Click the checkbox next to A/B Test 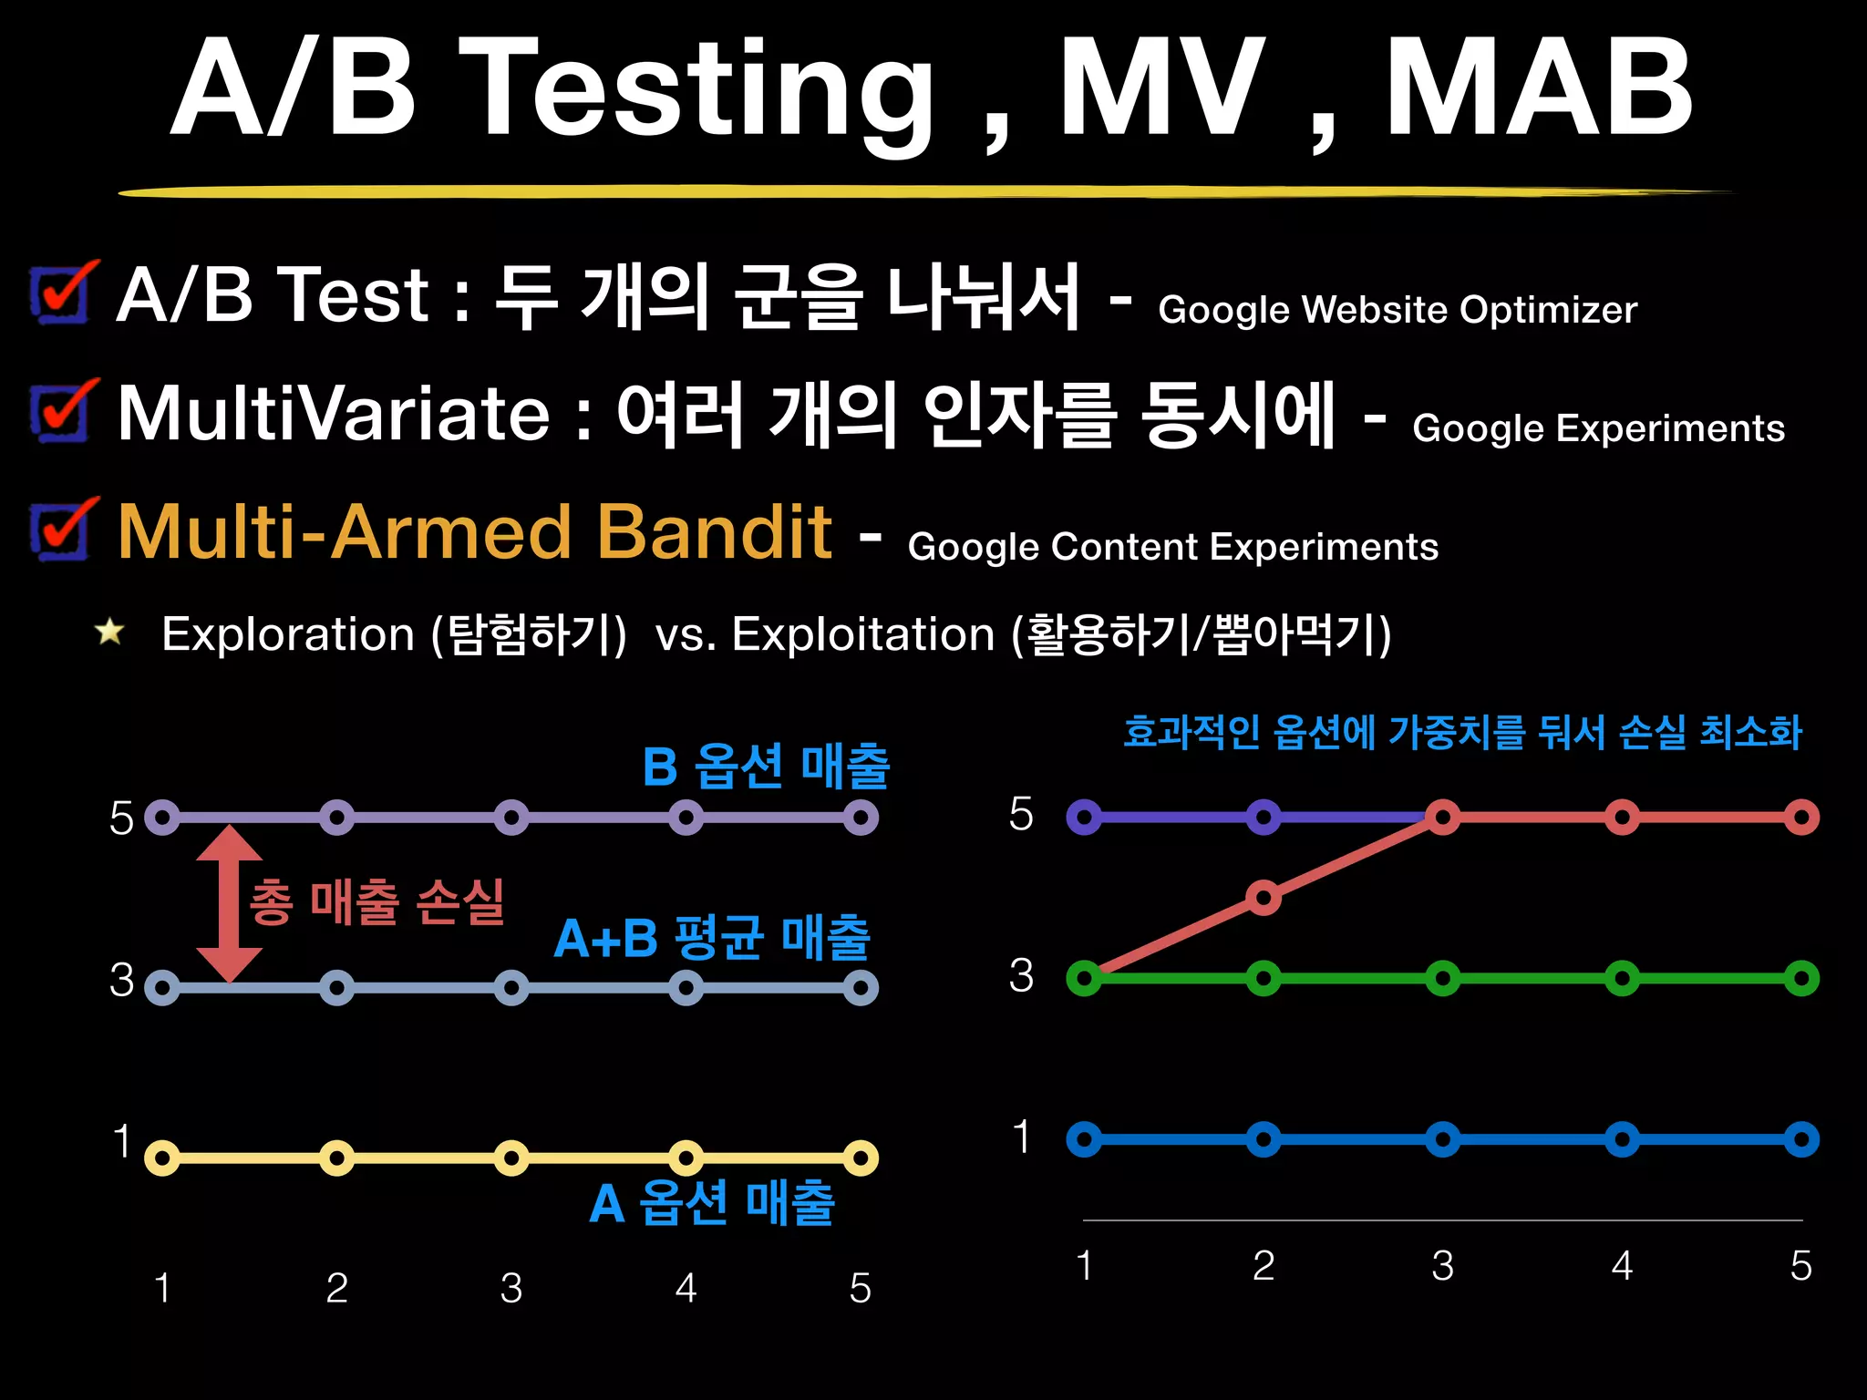(60, 293)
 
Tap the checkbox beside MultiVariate (60, 412)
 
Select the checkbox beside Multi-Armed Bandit (60, 530)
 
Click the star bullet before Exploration (110, 631)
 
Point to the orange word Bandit (713, 531)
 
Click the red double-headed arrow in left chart (229, 903)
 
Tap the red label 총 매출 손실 (376, 902)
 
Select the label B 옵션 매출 (765, 766)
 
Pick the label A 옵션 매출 (712, 1203)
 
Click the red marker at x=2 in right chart (1263, 898)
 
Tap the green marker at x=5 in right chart (1801, 979)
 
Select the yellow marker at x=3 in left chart (511, 1158)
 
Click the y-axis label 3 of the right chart (1021, 975)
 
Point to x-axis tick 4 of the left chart (686, 1288)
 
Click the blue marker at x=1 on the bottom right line (1084, 1139)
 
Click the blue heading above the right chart (1462, 732)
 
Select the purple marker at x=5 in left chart (860, 818)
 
